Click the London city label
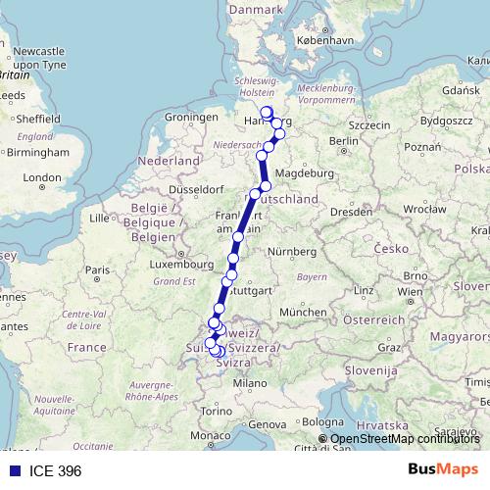pos(41,178)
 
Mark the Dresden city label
pos(350,211)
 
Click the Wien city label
pos(411,292)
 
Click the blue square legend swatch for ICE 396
pos(13,470)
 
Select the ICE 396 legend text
pos(50,470)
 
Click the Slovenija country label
pos(369,371)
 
